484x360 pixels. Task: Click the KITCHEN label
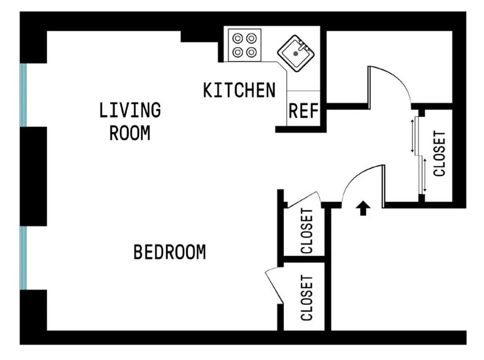point(239,90)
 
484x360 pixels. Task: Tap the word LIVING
point(130,110)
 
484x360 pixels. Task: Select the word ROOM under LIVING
point(130,133)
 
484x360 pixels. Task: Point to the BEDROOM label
point(169,252)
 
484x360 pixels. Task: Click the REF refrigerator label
point(303,111)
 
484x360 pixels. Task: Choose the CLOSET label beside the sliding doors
point(439,154)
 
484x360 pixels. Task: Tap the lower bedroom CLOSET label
point(307,298)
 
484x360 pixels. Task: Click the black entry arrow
point(363,208)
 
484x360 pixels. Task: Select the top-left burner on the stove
point(237,37)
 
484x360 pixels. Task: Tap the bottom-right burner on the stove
point(253,52)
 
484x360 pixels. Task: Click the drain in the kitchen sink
point(295,53)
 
